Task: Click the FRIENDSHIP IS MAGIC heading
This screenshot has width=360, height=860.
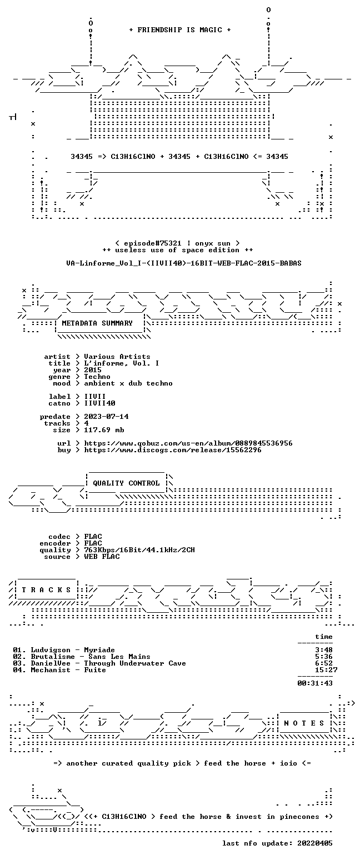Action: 179,30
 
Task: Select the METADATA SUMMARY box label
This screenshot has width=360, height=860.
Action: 97,323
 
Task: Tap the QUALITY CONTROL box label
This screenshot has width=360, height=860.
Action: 126,483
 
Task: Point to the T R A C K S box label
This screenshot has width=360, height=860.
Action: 46,589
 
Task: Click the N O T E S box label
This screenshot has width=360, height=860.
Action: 304,723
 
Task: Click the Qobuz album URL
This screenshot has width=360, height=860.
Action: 188,443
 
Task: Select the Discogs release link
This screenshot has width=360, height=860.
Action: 173,450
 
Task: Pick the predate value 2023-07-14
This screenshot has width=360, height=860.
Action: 106,417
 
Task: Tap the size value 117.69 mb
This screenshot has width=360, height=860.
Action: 104,430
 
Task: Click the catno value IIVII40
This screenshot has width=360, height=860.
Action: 99,403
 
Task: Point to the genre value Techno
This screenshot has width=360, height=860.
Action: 97,377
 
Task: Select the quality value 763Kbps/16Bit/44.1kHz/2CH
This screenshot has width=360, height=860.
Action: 139,550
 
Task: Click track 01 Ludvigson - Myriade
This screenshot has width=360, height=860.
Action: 64,650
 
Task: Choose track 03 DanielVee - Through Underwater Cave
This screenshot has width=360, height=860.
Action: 99,663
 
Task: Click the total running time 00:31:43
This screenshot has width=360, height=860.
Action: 315,683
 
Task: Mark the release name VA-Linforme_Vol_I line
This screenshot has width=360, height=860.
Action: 184,263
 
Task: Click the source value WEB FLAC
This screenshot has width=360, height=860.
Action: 102,557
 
